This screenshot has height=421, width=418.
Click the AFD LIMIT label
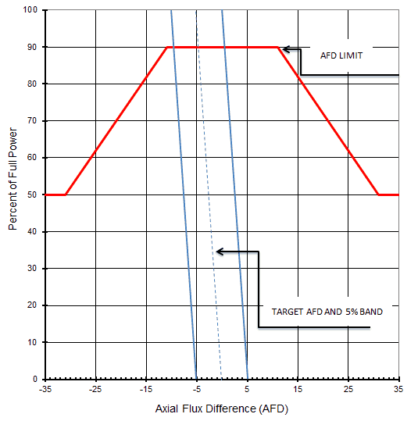341,56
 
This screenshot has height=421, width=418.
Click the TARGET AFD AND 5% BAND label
327,311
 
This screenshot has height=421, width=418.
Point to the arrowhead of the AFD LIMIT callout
283,49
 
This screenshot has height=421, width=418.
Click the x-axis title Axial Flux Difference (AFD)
222,408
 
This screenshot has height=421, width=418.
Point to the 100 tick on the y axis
31,10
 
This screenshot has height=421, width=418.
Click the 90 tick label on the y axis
34,47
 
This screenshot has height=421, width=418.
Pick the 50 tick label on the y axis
34,194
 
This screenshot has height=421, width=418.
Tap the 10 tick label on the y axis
34,342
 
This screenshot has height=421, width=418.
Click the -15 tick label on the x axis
145,387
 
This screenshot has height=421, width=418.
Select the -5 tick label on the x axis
196,387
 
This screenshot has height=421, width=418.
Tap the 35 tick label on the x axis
398,387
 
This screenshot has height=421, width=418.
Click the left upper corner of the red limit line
168,47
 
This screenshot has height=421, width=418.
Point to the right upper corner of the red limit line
278,47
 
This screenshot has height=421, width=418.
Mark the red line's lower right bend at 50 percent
379,194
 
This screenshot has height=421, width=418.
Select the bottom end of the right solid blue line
247,379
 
